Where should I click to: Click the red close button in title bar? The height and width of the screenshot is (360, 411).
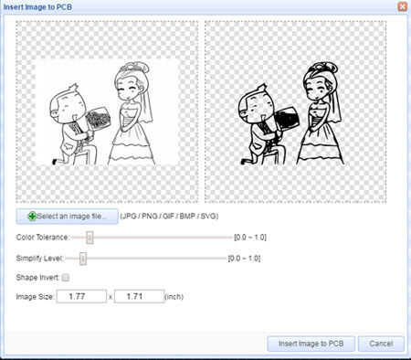(x=402, y=6)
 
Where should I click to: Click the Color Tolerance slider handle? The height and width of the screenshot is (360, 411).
(x=90, y=238)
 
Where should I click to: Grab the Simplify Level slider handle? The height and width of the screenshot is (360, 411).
(x=83, y=259)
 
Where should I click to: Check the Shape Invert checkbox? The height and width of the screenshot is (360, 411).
(x=65, y=278)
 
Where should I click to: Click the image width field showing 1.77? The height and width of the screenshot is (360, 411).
(x=81, y=296)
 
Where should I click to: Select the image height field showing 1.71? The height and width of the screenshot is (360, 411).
(x=140, y=296)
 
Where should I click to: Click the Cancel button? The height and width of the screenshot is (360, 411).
(x=381, y=344)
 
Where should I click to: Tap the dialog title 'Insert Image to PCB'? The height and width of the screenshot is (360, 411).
(x=37, y=7)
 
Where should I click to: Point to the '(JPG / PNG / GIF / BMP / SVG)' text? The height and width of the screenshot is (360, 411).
(x=169, y=217)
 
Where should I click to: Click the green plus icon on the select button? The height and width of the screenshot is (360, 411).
(x=32, y=217)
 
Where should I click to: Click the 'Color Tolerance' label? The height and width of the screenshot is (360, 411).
(x=42, y=238)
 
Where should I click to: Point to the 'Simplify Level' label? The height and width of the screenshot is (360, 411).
(x=39, y=259)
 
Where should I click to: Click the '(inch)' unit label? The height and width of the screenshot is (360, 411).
(x=174, y=297)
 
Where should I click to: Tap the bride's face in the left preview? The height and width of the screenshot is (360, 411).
(x=128, y=88)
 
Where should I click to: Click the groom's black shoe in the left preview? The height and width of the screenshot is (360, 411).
(x=55, y=162)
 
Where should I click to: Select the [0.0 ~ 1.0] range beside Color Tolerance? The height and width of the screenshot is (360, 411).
(x=250, y=238)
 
